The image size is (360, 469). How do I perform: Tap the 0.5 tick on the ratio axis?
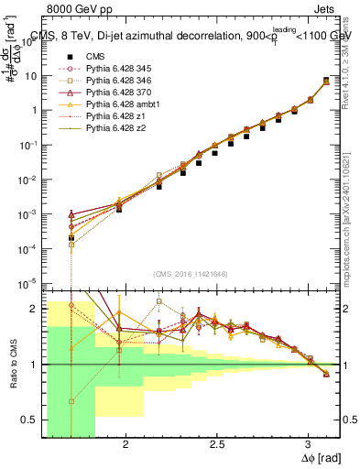pyautogui.click(x=30, y=420)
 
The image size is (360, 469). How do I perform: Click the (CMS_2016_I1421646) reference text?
pyautogui.click(x=191, y=274)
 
